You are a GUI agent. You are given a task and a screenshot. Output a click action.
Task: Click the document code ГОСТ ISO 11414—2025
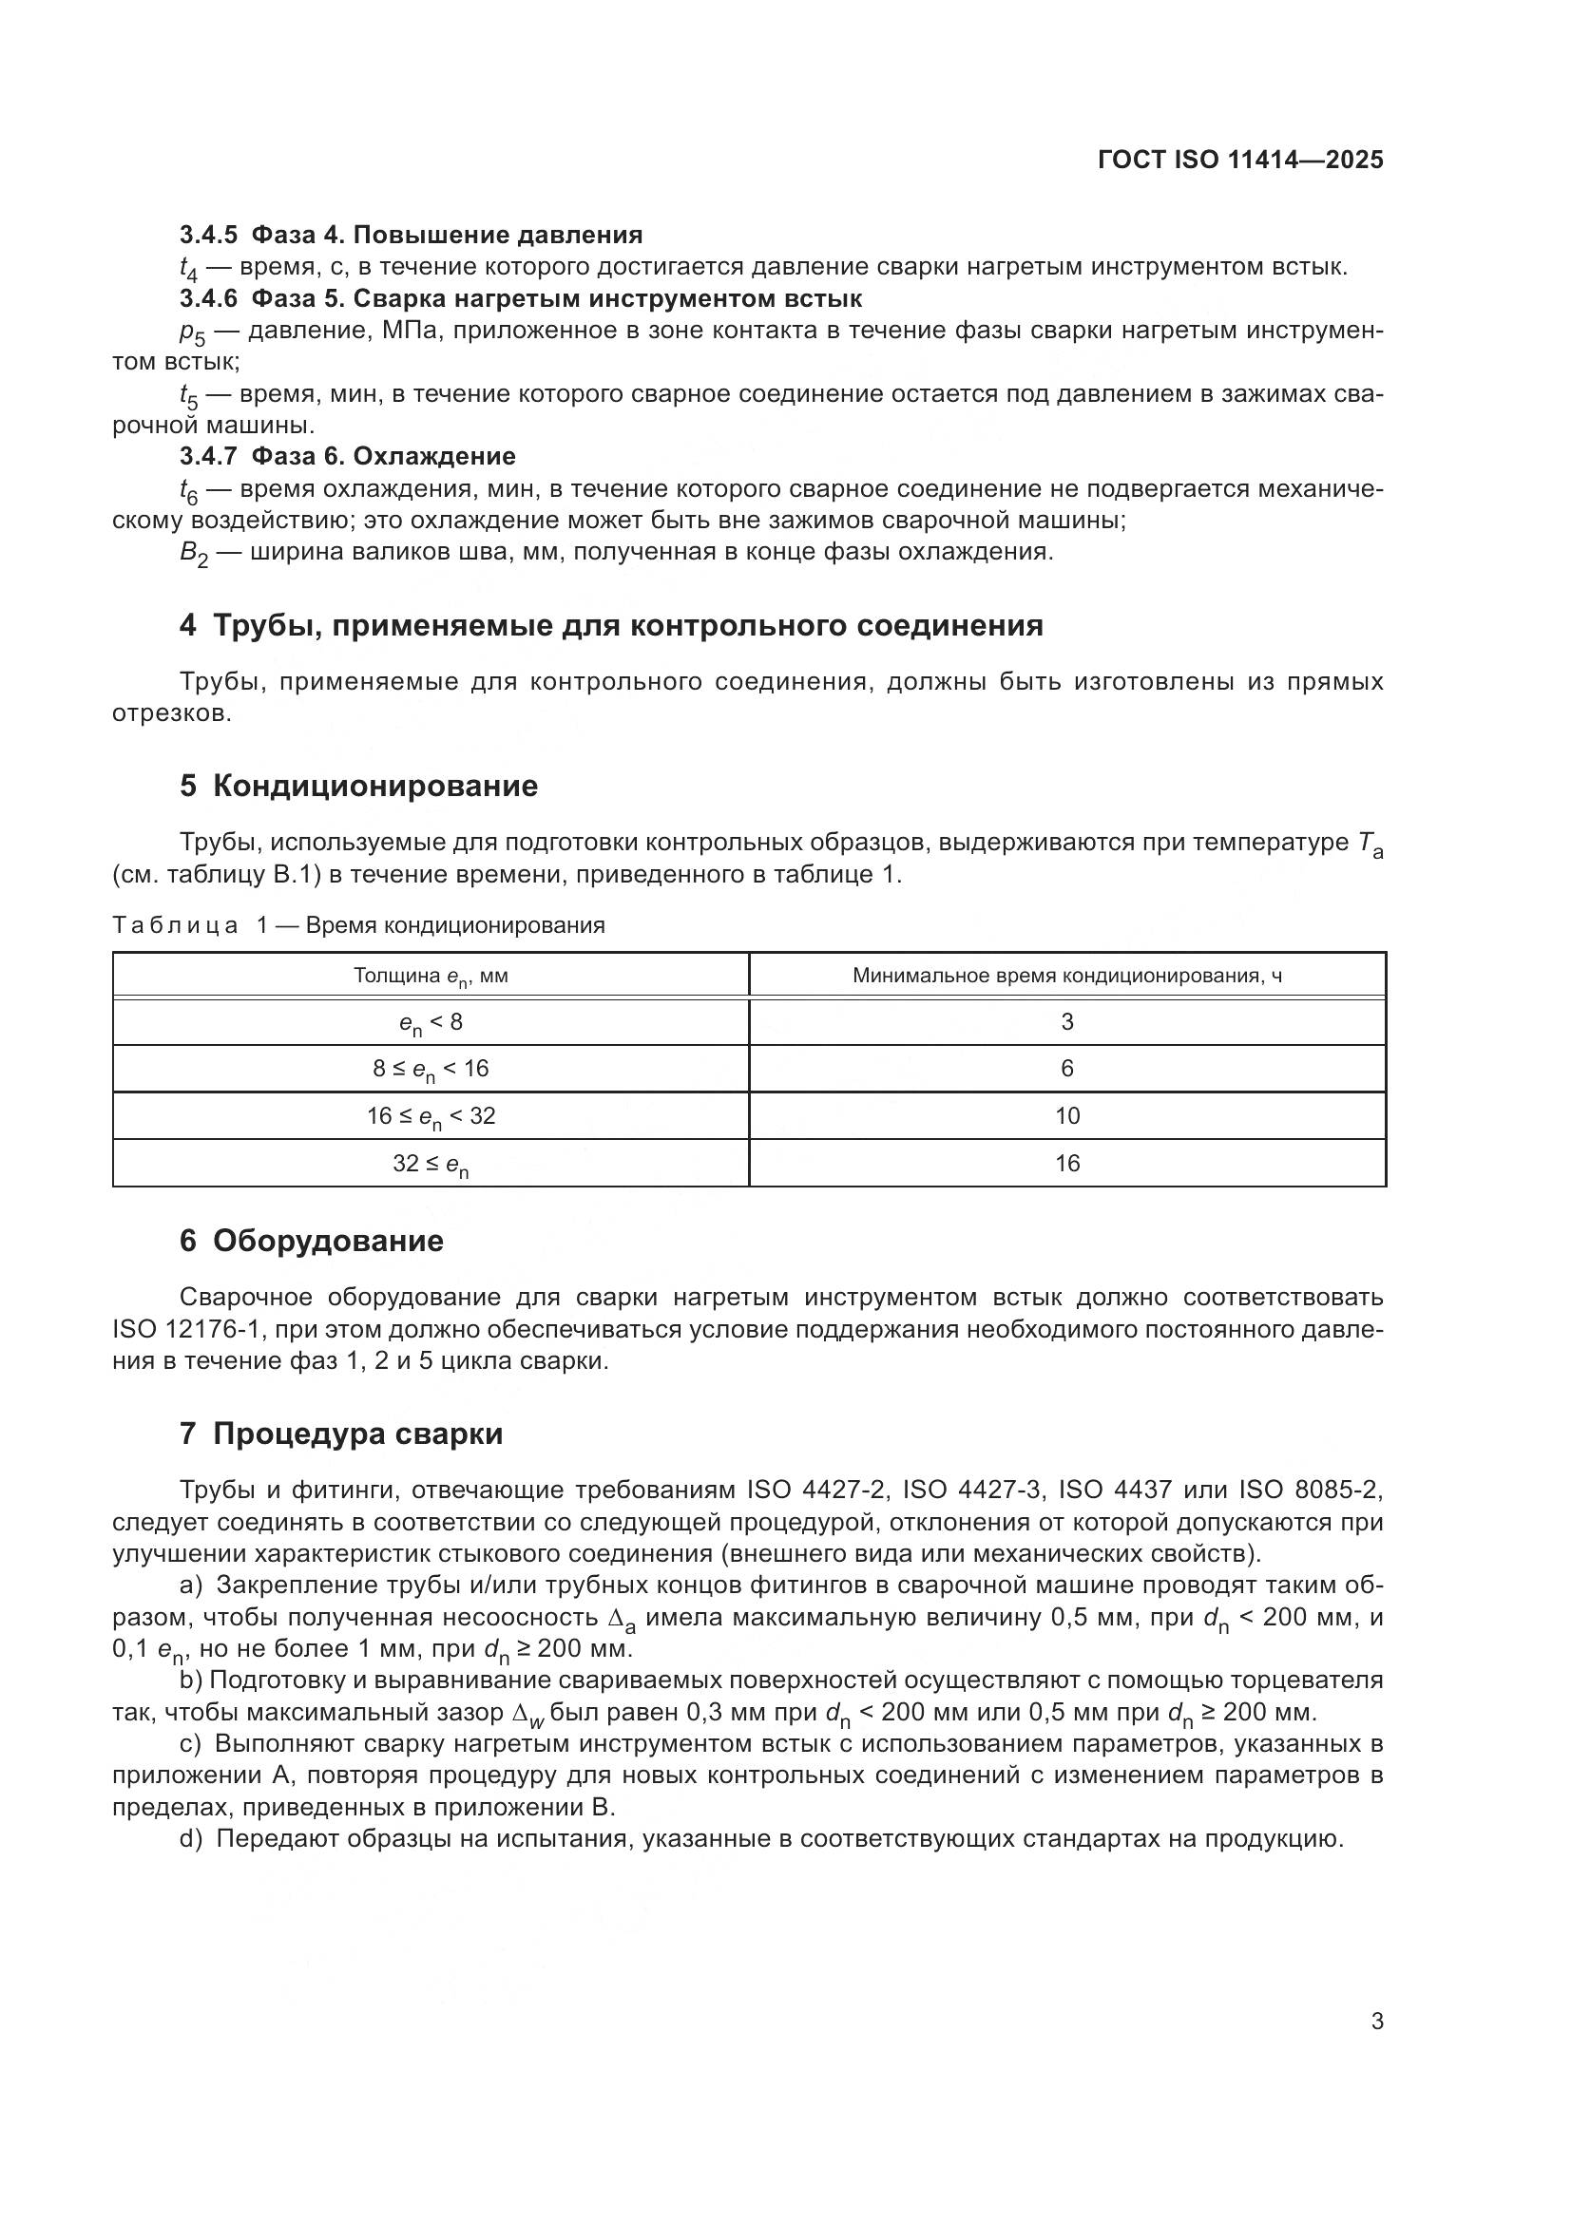pos(1240,160)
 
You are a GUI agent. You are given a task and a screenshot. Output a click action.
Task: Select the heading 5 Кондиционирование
pos(358,786)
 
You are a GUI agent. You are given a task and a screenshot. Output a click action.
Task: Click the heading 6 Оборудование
pos(311,1241)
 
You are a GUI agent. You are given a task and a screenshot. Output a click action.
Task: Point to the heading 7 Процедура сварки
pos(341,1434)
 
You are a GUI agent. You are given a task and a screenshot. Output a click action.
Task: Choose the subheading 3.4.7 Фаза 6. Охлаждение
pos(348,456)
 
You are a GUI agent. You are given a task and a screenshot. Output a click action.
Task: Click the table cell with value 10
pos(1066,1116)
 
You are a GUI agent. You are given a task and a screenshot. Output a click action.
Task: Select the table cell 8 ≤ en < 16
pos(431,1070)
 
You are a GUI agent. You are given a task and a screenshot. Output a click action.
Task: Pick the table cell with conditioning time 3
pos(1066,1022)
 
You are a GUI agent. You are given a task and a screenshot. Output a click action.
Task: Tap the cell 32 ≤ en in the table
pos(431,1165)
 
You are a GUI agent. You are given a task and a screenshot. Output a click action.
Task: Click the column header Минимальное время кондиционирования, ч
pos(1066,976)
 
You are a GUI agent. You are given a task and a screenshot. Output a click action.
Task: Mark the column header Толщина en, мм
pos(431,977)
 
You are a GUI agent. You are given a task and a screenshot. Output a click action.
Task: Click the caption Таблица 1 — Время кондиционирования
pos(358,925)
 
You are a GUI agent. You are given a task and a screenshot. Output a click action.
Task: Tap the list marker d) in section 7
pos(191,1839)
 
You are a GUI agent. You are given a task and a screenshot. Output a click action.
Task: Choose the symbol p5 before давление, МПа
pos(193,332)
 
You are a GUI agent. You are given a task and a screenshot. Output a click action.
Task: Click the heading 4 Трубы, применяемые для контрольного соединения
pos(611,626)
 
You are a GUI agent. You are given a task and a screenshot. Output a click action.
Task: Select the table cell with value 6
pos(1066,1069)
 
